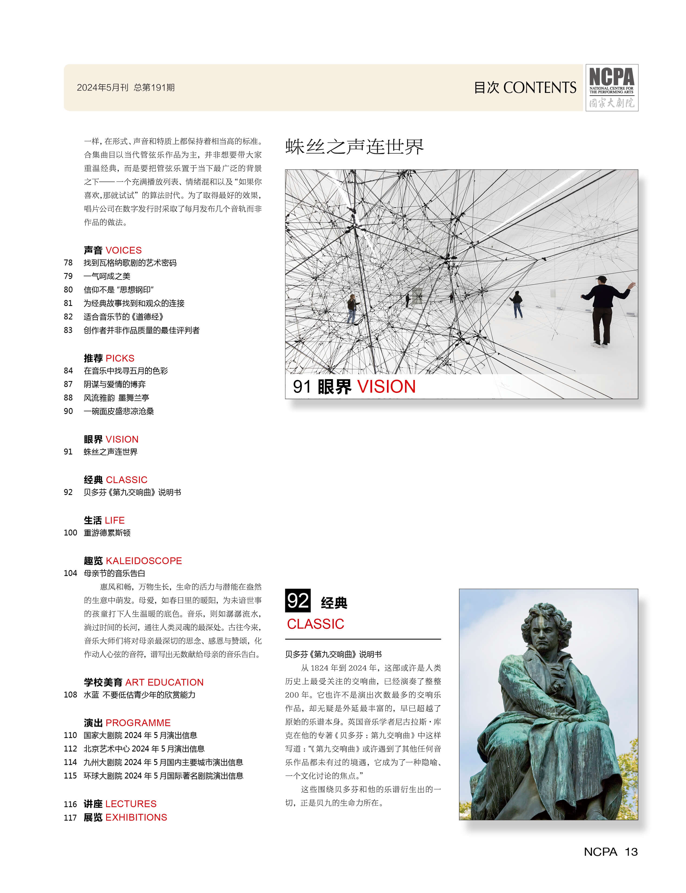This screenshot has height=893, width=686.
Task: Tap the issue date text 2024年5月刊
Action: coord(102,87)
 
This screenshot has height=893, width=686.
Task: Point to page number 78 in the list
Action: coord(68,263)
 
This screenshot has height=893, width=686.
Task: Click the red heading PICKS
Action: coord(120,358)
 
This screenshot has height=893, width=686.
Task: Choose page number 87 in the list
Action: coord(68,384)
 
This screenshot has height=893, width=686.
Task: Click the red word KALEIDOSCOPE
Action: coord(144,560)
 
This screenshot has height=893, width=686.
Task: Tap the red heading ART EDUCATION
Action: coord(164,682)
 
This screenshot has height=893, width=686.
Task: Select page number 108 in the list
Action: coord(70,695)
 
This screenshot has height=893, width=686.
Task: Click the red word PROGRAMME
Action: coord(138,722)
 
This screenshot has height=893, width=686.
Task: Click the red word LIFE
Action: coord(115,520)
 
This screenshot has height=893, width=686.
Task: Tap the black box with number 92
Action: coord(298,600)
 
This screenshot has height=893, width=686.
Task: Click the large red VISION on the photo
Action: coord(386,386)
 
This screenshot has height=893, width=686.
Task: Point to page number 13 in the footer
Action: coord(631,852)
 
